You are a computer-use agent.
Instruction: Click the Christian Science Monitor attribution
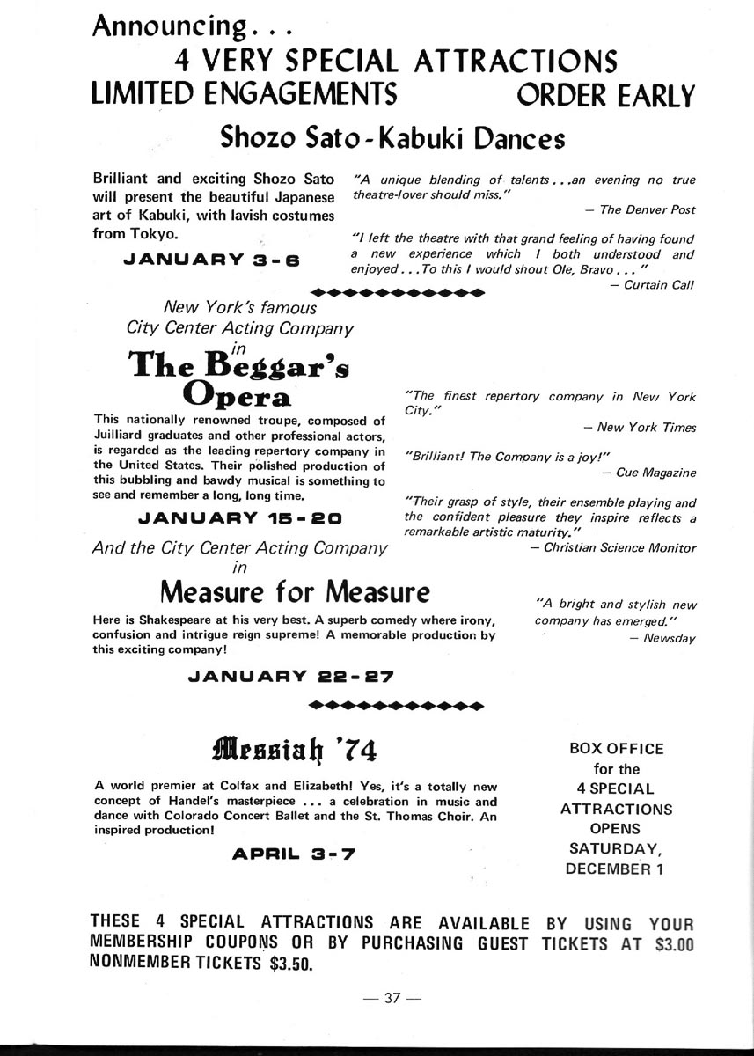pyautogui.click(x=619, y=548)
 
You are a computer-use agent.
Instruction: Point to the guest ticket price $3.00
pyautogui.click(x=676, y=944)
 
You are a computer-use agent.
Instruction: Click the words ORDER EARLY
pyautogui.click(x=606, y=93)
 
